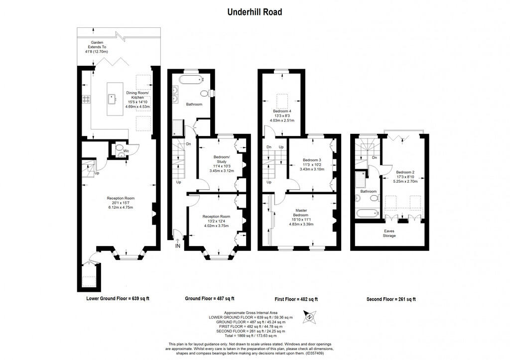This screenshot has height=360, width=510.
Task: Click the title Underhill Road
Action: [255, 11]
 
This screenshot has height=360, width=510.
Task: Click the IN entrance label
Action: [178, 246]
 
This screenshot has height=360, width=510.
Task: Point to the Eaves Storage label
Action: [389, 233]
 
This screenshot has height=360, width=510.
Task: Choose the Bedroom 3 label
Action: [312, 160]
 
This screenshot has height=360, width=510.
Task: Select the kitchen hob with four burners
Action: [86, 99]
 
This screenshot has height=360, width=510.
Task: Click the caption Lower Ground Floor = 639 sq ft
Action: [118, 299]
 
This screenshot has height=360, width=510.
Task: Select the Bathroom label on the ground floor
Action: [194, 104]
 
